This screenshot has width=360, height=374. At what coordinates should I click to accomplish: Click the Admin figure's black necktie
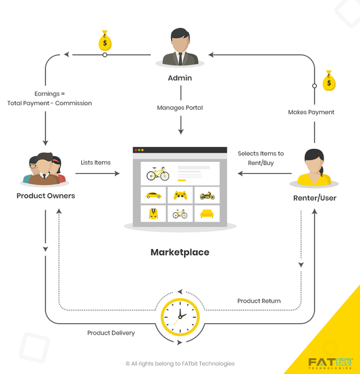click(180, 59)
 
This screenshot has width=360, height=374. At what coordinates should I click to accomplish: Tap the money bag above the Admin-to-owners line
click(105, 41)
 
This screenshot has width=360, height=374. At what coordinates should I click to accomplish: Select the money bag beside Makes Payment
click(329, 81)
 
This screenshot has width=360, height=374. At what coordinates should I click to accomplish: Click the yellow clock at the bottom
click(180, 317)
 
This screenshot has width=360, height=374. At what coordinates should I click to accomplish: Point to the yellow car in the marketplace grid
click(154, 195)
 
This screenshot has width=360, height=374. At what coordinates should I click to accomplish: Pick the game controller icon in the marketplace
click(180, 195)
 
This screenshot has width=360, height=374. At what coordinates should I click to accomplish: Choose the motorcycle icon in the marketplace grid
click(208, 195)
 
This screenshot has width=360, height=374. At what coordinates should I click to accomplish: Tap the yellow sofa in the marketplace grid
click(207, 213)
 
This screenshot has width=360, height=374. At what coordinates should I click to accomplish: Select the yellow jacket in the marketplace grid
click(153, 213)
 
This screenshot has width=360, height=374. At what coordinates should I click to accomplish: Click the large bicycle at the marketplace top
click(158, 174)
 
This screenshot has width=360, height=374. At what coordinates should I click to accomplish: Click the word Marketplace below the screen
click(180, 252)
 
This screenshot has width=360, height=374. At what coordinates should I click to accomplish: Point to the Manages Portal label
click(180, 108)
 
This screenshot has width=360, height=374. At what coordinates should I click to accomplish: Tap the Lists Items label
click(96, 163)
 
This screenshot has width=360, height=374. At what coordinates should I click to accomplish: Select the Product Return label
click(259, 301)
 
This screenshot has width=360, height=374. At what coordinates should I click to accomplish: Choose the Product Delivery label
click(111, 333)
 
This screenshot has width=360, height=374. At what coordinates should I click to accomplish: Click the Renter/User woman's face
click(313, 165)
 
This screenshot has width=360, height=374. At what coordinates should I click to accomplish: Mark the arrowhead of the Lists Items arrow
click(117, 173)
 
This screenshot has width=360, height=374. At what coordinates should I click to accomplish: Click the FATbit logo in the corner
click(331, 363)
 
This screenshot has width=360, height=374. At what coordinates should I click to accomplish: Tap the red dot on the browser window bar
click(136, 150)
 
